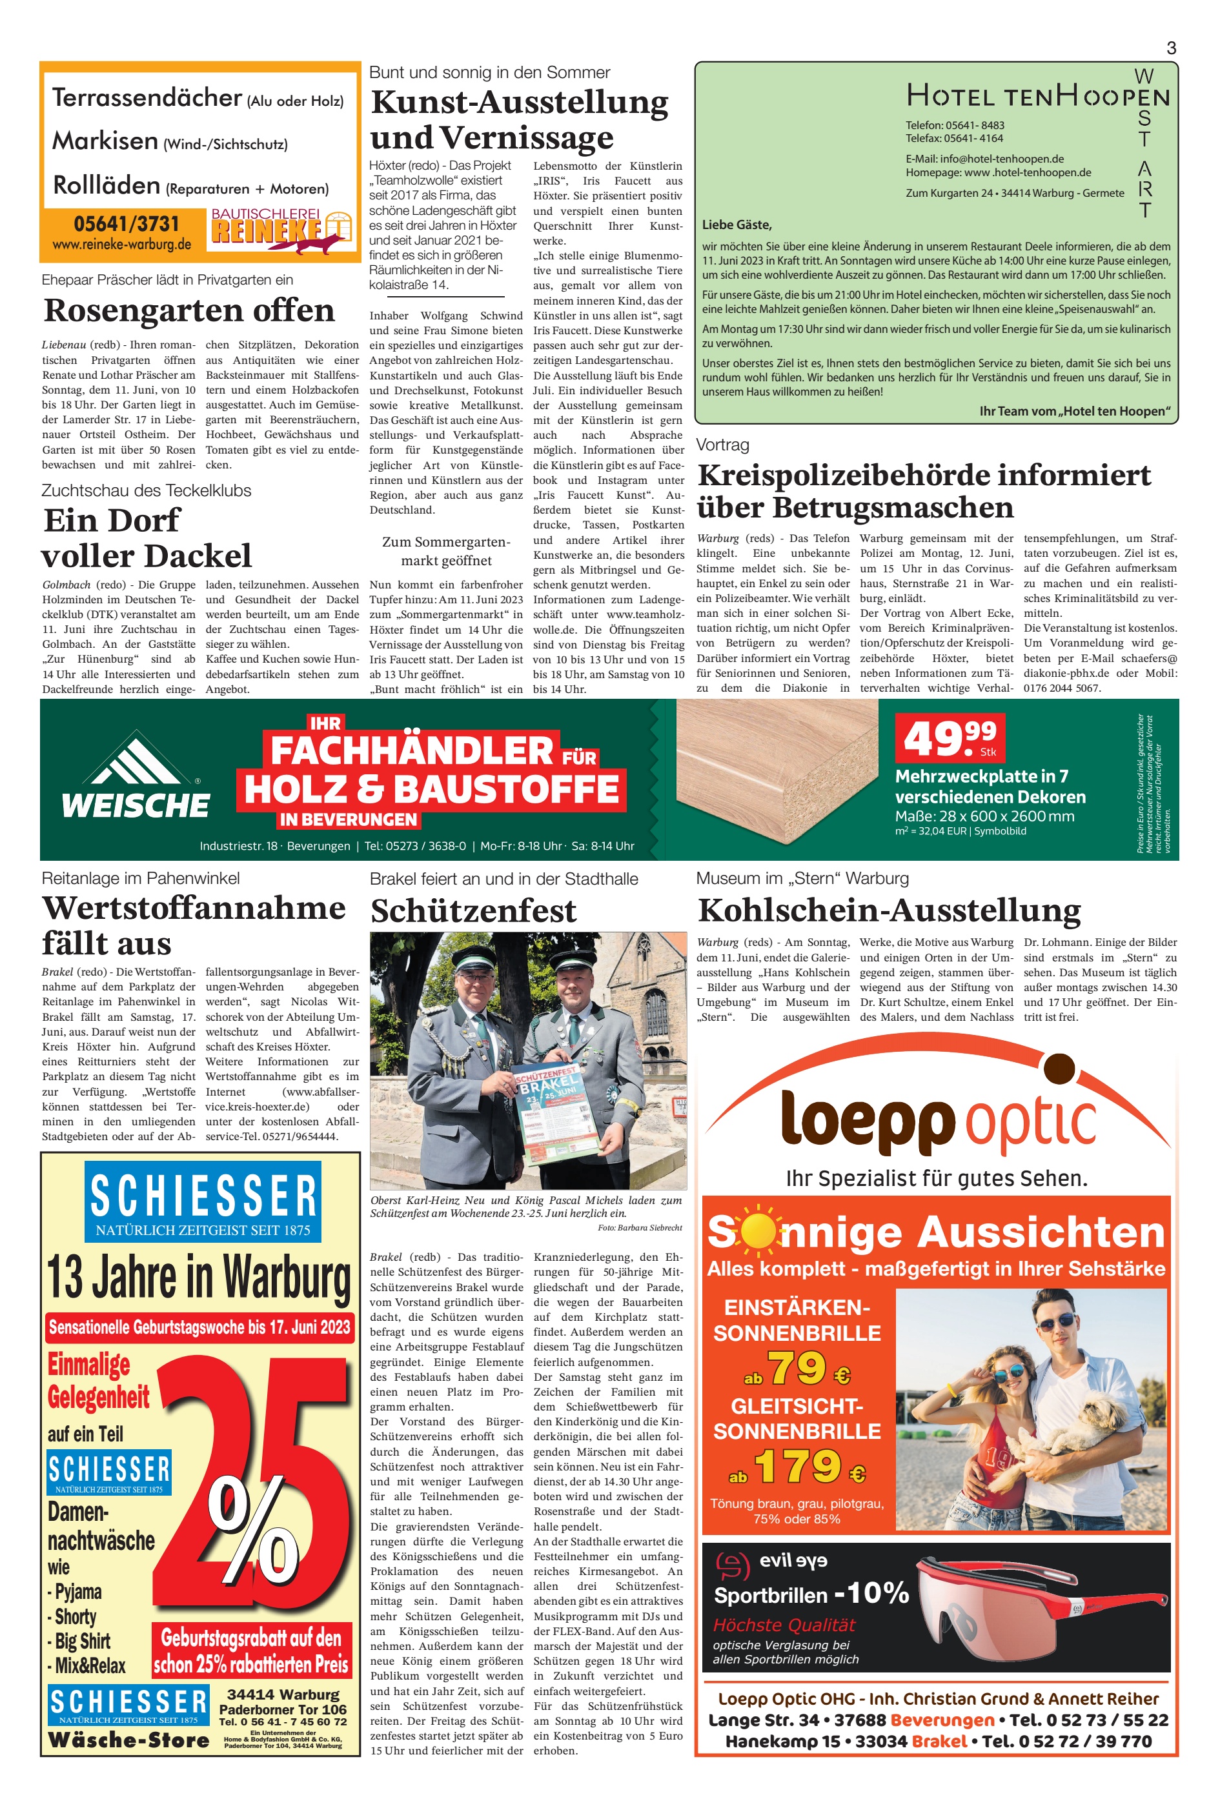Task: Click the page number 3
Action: click(1170, 48)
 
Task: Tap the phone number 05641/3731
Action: click(126, 225)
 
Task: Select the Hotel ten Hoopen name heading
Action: click(1037, 97)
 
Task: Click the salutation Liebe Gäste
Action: click(737, 225)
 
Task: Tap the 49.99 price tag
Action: click(950, 738)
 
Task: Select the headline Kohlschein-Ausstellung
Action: click(888, 911)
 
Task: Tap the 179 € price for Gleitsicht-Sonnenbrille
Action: click(797, 1466)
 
